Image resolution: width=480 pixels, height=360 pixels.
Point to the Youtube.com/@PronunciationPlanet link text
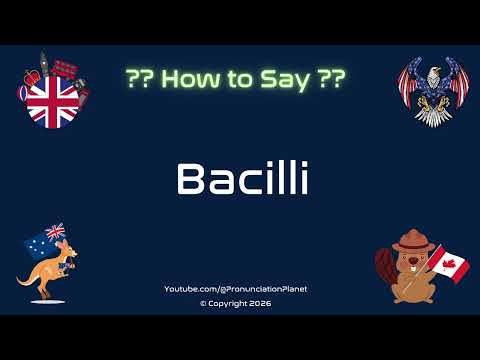236,289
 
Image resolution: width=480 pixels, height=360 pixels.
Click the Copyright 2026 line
236,303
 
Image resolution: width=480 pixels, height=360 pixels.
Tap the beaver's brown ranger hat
410,241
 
